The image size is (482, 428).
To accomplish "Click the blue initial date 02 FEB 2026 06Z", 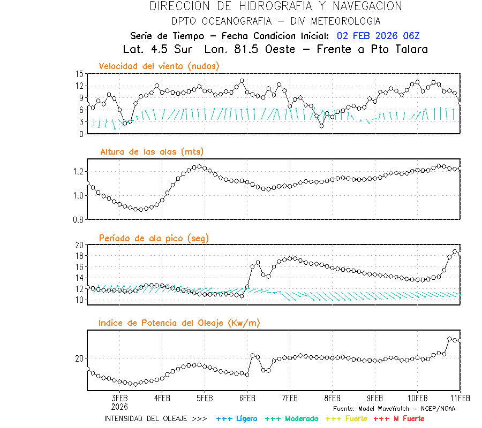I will (379, 36).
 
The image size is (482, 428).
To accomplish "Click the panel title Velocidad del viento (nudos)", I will (159, 66).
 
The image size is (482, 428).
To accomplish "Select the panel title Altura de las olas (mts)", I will (152, 152).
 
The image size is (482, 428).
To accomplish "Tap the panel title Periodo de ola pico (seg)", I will (154, 238).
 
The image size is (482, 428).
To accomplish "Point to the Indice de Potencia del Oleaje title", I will (179, 323).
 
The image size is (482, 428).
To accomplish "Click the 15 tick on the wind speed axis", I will (79, 74).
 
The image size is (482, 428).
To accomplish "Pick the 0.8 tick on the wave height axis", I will (78, 219).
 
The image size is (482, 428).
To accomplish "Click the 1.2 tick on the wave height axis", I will (78, 171).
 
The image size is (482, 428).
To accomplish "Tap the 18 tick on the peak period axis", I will (79, 256).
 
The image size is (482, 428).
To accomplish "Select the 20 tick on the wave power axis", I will (79, 358).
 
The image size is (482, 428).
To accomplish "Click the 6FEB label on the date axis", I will (247, 399).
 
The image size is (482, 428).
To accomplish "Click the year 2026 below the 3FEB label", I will (120, 406).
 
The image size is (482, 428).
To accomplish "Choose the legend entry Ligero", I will (237, 418).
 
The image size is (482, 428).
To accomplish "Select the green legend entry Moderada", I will (291, 418).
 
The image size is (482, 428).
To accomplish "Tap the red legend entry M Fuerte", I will (399, 418).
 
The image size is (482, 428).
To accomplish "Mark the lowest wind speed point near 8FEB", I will (321, 126).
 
